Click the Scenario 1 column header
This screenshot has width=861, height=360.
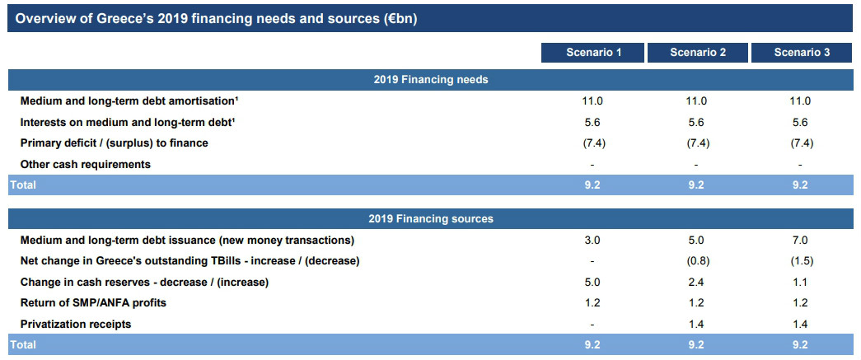(x=593, y=53)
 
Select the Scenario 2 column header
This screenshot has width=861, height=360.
(x=697, y=53)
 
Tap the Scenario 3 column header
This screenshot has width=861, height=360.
(x=802, y=53)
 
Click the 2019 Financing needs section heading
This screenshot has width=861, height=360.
(x=430, y=80)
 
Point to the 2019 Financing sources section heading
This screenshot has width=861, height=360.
(x=430, y=219)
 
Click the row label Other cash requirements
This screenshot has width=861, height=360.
(x=85, y=164)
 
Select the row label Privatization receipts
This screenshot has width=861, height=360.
(x=76, y=325)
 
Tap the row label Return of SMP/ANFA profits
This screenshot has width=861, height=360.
(x=93, y=303)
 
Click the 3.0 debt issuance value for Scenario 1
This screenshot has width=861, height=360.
(x=592, y=241)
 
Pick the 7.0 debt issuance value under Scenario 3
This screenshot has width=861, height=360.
(x=800, y=241)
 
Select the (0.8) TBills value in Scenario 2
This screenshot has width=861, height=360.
(x=698, y=261)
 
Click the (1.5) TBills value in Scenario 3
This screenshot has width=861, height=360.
(x=801, y=261)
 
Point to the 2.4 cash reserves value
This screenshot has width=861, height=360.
(x=695, y=283)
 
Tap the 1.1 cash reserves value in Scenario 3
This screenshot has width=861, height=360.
(x=800, y=283)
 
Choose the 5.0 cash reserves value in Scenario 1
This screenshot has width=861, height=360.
(x=592, y=283)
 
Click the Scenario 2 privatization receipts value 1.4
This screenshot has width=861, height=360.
(x=695, y=325)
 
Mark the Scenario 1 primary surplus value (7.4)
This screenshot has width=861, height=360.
(x=595, y=143)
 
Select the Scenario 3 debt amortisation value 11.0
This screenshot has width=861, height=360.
(x=800, y=101)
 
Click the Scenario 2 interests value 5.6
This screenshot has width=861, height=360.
(x=695, y=123)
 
